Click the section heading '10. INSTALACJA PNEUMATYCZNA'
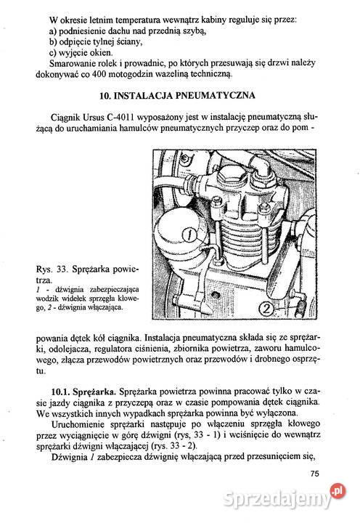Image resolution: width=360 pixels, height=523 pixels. [x=181, y=95]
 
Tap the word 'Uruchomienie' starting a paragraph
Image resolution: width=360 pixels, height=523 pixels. [x=79, y=429]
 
